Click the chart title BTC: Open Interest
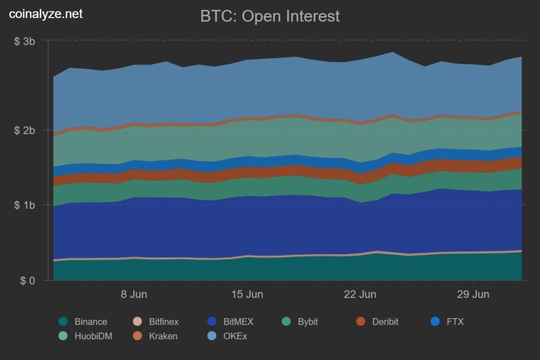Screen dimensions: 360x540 coord(270,16)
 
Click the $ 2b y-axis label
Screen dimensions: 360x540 coord(24,130)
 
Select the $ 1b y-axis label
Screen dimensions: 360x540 coord(24,205)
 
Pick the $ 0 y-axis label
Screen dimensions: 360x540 coord(28,281)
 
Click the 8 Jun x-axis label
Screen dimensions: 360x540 coord(134,294)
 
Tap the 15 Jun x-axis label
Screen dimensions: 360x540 coord(247,294)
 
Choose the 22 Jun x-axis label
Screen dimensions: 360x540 coord(360,294)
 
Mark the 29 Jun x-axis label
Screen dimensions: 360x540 coord(473,294)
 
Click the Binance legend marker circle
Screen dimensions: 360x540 coord(63,322)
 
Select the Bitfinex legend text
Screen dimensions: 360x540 coord(164,322)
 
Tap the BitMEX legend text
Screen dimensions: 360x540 coord(239,322)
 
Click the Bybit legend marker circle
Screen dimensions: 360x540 coord(287,322)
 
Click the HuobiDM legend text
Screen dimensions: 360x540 coord(93,336)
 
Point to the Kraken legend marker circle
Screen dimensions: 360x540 coord(138,336)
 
